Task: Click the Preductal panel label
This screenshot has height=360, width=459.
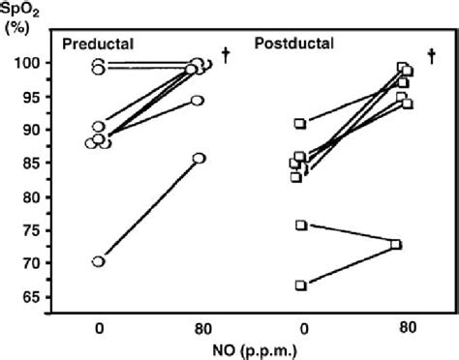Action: (x=98, y=44)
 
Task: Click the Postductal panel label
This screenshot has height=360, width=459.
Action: (x=294, y=44)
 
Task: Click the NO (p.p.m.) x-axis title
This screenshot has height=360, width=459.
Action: (x=255, y=350)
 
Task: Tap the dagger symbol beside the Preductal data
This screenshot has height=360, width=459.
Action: (x=226, y=55)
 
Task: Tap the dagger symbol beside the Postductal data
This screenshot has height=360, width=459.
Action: (x=432, y=56)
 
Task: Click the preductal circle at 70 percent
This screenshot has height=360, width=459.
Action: (x=99, y=261)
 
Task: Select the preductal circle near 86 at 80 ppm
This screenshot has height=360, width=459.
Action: (x=199, y=159)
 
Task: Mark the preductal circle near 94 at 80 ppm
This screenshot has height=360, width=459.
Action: (x=198, y=101)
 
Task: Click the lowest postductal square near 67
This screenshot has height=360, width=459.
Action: (x=301, y=285)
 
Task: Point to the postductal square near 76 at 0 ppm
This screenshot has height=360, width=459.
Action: (x=301, y=225)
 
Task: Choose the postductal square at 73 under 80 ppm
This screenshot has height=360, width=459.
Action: (x=396, y=245)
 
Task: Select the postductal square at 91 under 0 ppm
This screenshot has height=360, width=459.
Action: (x=300, y=124)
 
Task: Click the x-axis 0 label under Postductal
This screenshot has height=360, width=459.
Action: (x=304, y=329)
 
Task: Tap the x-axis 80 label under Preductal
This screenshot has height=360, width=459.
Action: (x=203, y=329)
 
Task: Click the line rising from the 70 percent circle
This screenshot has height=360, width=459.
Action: (x=149, y=210)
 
